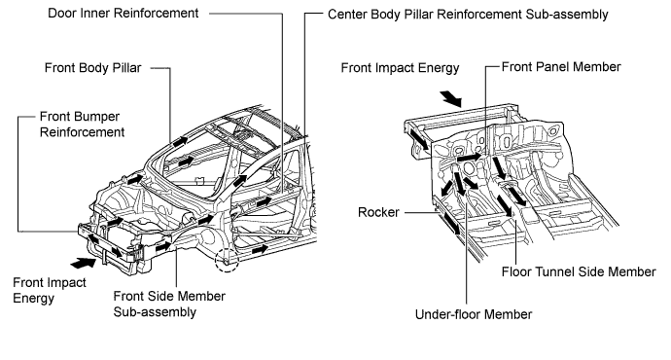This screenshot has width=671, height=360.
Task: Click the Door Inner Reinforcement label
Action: coord(124,14)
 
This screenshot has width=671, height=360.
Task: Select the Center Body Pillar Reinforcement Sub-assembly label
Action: coord(468,15)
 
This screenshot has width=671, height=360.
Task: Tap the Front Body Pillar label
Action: coord(92,68)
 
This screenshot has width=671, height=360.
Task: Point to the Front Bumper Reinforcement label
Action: coord(82,125)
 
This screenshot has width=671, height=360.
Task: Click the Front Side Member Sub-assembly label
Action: coord(169,304)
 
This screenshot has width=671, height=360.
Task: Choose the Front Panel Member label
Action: coord(561,67)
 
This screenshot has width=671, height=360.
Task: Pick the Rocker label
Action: coord(378,212)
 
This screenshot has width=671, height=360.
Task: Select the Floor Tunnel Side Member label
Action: coord(579,271)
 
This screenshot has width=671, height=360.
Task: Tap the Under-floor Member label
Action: coord(474,314)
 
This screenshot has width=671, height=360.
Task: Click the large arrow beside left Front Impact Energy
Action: coord(83,263)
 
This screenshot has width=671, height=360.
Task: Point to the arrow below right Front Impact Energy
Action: coord(451,98)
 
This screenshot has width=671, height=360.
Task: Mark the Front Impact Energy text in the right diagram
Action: coord(400,68)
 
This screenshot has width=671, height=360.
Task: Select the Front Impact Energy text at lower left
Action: coord(50,290)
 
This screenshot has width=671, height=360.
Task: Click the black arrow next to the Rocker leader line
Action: coord(451,223)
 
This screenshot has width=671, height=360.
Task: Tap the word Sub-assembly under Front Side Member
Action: coord(155,312)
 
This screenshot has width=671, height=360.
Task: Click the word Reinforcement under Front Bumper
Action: coord(82,132)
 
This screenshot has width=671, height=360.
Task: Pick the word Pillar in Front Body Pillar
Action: coord(126,68)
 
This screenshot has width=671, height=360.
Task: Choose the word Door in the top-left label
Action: coord(58,14)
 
